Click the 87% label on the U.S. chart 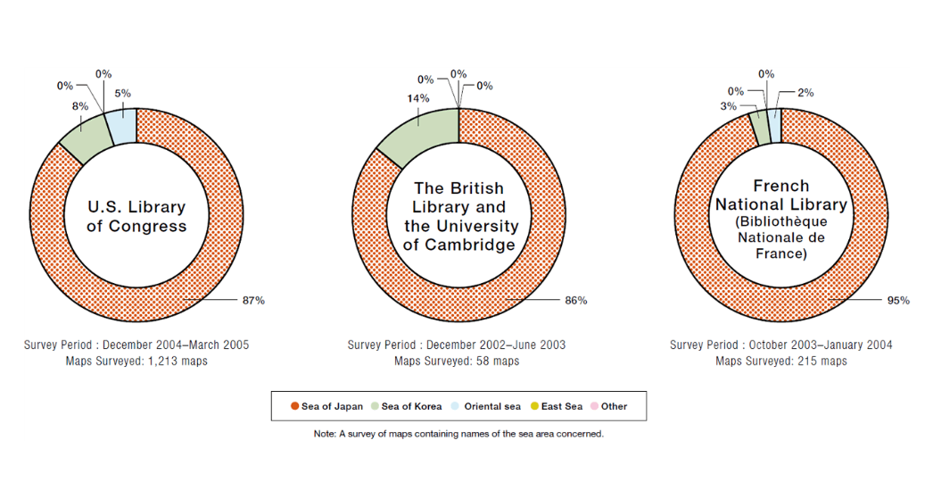(253, 300)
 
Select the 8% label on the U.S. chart (80, 105)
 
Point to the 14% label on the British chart (393, 98)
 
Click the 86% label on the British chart (575, 300)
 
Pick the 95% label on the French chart (897, 300)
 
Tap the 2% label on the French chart (805, 92)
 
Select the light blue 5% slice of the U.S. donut (121, 128)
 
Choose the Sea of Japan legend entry (326, 406)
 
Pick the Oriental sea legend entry (486, 406)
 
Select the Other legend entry (608, 406)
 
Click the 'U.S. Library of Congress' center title (136, 217)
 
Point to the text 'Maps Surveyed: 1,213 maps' (136, 361)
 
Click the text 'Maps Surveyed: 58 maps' (457, 361)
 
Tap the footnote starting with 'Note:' (458, 434)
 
